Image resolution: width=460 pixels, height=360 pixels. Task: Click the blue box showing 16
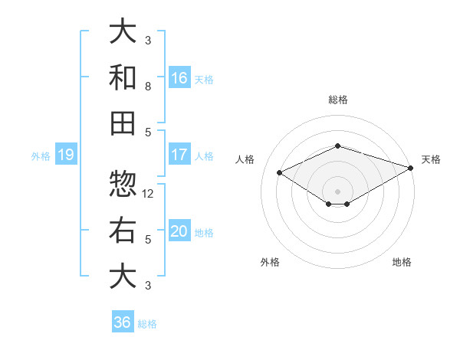[x=179, y=78]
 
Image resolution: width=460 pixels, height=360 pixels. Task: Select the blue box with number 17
[x=179, y=155]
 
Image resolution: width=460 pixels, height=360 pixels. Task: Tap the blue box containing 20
[x=179, y=231]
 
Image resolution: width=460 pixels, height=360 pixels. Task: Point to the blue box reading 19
[x=65, y=155]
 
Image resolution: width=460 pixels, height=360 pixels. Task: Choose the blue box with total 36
[x=123, y=322]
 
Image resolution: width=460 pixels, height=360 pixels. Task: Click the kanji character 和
[x=123, y=77]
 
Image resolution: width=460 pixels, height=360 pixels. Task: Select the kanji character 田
[x=123, y=123]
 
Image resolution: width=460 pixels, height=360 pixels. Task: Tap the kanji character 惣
[x=123, y=184]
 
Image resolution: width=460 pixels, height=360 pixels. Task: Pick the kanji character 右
[x=123, y=230]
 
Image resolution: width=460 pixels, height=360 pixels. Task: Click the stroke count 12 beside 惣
[x=149, y=193]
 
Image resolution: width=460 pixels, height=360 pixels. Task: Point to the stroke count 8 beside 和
[x=148, y=86]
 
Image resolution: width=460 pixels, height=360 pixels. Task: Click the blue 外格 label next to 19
[x=41, y=156]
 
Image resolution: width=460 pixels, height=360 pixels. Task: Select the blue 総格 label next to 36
[x=147, y=324]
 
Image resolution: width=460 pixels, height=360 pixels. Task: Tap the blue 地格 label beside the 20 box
[x=204, y=233]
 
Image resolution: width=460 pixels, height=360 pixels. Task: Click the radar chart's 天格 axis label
[x=431, y=159]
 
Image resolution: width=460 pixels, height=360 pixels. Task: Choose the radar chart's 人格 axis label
[x=245, y=159]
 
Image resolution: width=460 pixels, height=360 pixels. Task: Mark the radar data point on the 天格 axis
[x=412, y=167]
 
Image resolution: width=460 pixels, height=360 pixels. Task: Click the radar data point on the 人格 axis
[x=280, y=172]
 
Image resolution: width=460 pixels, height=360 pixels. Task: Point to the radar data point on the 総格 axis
[x=337, y=146]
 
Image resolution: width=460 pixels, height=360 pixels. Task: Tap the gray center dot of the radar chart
[x=337, y=191]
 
